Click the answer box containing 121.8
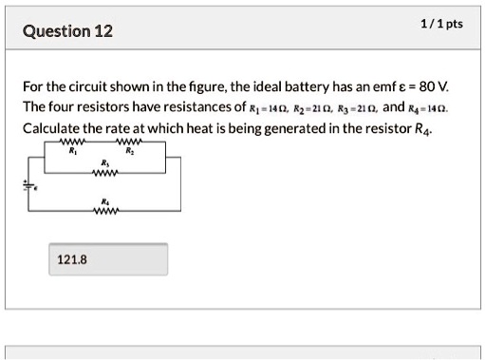coord(107,258)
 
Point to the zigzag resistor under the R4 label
coord(103,212)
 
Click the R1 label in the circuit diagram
coord(73,153)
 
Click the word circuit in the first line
coord(113,86)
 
